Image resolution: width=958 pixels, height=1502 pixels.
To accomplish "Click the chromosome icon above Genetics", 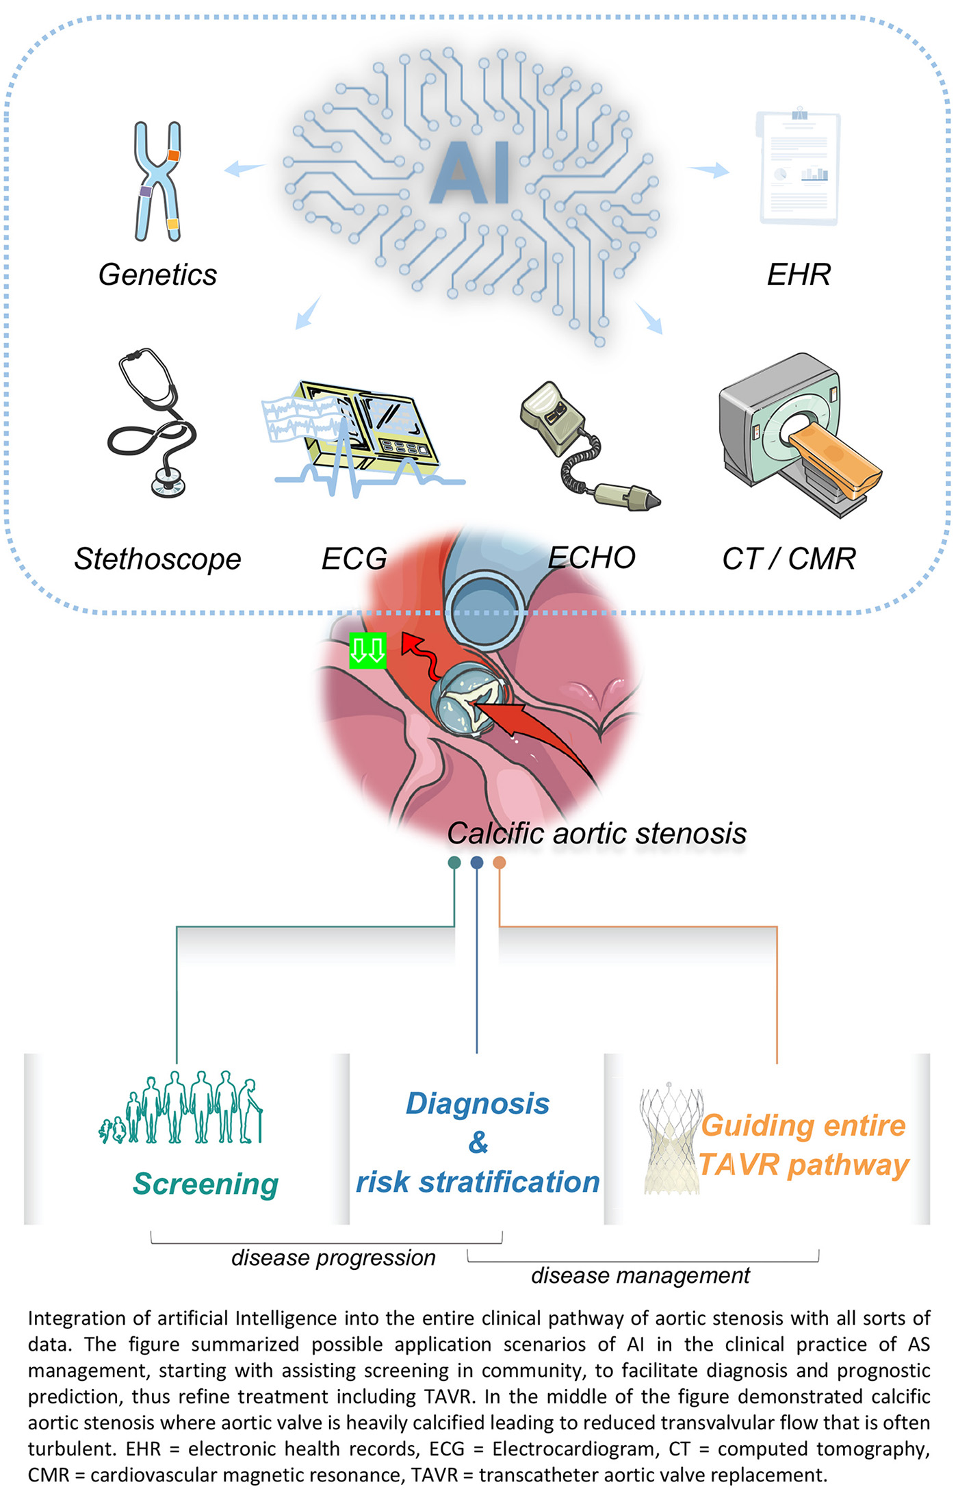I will pyautogui.click(x=157, y=181).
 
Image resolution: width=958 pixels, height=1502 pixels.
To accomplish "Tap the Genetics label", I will pyautogui.click(x=157, y=275).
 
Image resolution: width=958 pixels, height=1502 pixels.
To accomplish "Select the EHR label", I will pyautogui.click(x=799, y=275).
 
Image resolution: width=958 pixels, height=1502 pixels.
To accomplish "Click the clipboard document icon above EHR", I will pyautogui.click(x=799, y=168).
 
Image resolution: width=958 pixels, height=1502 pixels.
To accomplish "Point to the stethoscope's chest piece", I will pyautogui.click(x=168, y=483).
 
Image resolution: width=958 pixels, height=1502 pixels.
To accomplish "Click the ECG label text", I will pyautogui.click(x=354, y=559).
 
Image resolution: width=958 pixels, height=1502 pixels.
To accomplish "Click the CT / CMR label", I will pyautogui.click(x=789, y=559).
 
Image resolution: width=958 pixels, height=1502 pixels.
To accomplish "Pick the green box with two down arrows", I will pyautogui.click(x=367, y=650).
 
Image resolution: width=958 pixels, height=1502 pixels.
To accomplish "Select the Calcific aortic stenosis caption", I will pyautogui.click(x=597, y=834).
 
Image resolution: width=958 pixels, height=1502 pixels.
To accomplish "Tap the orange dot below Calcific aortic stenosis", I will pyautogui.click(x=500, y=863).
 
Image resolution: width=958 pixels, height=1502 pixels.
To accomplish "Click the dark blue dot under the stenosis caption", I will pyautogui.click(x=477, y=863).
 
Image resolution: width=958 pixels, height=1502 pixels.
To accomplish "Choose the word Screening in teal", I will pyautogui.click(x=206, y=1184).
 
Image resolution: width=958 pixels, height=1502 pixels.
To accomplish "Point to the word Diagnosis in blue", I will pyautogui.click(x=478, y=1104).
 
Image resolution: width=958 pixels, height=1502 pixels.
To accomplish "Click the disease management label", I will pyautogui.click(x=640, y=1276).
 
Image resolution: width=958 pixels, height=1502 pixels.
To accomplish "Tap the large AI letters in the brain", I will pyautogui.click(x=471, y=173).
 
